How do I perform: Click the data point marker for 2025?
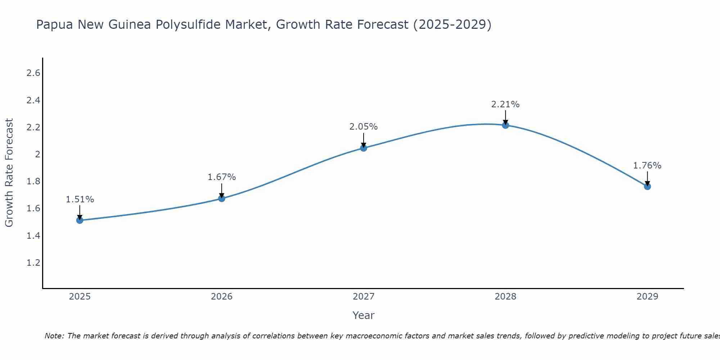tap(80, 220)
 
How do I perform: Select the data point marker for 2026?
tap(222, 198)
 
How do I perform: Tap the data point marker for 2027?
tap(364, 148)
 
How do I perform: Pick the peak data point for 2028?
tap(505, 125)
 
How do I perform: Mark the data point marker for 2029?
tap(647, 186)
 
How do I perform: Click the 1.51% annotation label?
tap(80, 199)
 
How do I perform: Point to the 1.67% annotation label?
tap(222, 177)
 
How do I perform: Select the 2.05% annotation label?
tap(364, 127)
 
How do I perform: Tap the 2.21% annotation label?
tap(505, 104)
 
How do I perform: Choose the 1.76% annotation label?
tap(647, 166)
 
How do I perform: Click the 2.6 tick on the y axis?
tap(33, 73)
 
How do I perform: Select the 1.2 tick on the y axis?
tap(33, 263)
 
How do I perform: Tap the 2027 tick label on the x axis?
tap(364, 297)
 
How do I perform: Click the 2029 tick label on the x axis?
tap(647, 297)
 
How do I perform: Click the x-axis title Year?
tap(364, 315)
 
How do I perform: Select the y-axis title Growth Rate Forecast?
tap(9, 173)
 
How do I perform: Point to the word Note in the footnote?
tap(54, 336)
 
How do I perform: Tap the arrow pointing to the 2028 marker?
tap(505, 117)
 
